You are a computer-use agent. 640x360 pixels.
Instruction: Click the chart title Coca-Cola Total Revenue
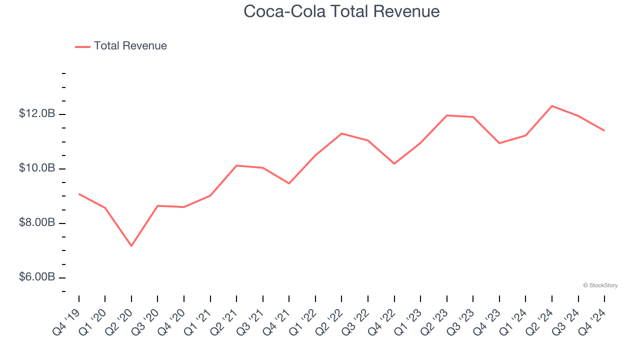point(341,11)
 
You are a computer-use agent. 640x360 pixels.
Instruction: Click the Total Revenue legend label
point(130,46)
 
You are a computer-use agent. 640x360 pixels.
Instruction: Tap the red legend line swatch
point(82,46)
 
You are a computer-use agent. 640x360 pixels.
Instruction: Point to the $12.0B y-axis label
point(37,114)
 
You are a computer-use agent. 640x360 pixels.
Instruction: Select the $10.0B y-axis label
point(37,168)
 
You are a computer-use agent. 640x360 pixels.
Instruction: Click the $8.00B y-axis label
point(37,222)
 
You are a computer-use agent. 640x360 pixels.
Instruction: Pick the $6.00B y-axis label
point(37,277)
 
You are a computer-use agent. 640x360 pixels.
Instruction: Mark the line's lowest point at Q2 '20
point(131,246)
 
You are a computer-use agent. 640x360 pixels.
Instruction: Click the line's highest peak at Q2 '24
point(552,105)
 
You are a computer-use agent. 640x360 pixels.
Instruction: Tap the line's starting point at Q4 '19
point(79,193)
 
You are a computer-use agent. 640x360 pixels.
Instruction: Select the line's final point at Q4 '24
point(604,130)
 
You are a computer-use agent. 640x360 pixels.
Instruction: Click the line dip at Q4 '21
point(289,183)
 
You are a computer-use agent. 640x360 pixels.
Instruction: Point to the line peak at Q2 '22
point(341,133)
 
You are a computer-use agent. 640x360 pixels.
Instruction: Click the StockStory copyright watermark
point(600,285)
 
